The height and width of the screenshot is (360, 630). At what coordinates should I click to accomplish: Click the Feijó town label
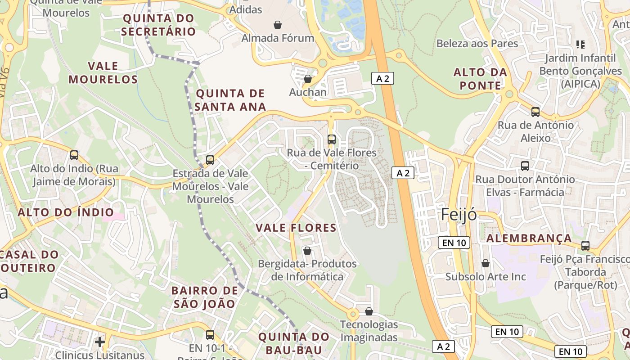[459, 215]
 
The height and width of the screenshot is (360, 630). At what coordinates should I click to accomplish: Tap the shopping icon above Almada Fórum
[278, 24]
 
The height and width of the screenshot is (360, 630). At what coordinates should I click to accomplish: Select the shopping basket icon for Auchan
[308, 79]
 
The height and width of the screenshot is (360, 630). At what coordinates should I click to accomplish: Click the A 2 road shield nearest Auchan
[382, 79]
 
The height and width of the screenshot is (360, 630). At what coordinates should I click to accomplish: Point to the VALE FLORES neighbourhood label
[296, 228]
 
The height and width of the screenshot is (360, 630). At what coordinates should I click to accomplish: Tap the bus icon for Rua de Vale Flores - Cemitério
[332, 139]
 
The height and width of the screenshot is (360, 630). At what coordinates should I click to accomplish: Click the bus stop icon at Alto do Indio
[74, 155]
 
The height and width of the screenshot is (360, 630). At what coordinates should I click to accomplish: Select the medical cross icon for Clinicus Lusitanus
[100, 342]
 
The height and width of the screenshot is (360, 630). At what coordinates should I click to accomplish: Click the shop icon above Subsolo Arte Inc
[485, 263]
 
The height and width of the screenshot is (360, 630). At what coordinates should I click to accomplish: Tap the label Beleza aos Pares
[477, 44]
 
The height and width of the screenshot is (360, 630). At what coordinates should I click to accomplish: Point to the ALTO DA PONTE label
[480, 79]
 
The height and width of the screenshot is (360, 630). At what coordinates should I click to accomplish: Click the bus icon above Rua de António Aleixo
[535, 112]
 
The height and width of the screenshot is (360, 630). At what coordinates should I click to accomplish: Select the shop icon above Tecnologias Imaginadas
[369, 311]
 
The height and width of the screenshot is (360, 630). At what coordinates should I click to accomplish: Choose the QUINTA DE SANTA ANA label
[230, 100]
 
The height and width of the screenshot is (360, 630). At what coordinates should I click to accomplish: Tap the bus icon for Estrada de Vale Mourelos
[210, 160]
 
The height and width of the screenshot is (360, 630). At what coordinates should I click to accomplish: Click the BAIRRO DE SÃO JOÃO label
[205, 297]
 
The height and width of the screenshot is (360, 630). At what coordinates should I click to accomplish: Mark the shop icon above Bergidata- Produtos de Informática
[307, 250]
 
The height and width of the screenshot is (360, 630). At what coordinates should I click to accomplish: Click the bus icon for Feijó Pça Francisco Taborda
[585, 246]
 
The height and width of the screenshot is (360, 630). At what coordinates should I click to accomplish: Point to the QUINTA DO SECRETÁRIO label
[158, 25]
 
